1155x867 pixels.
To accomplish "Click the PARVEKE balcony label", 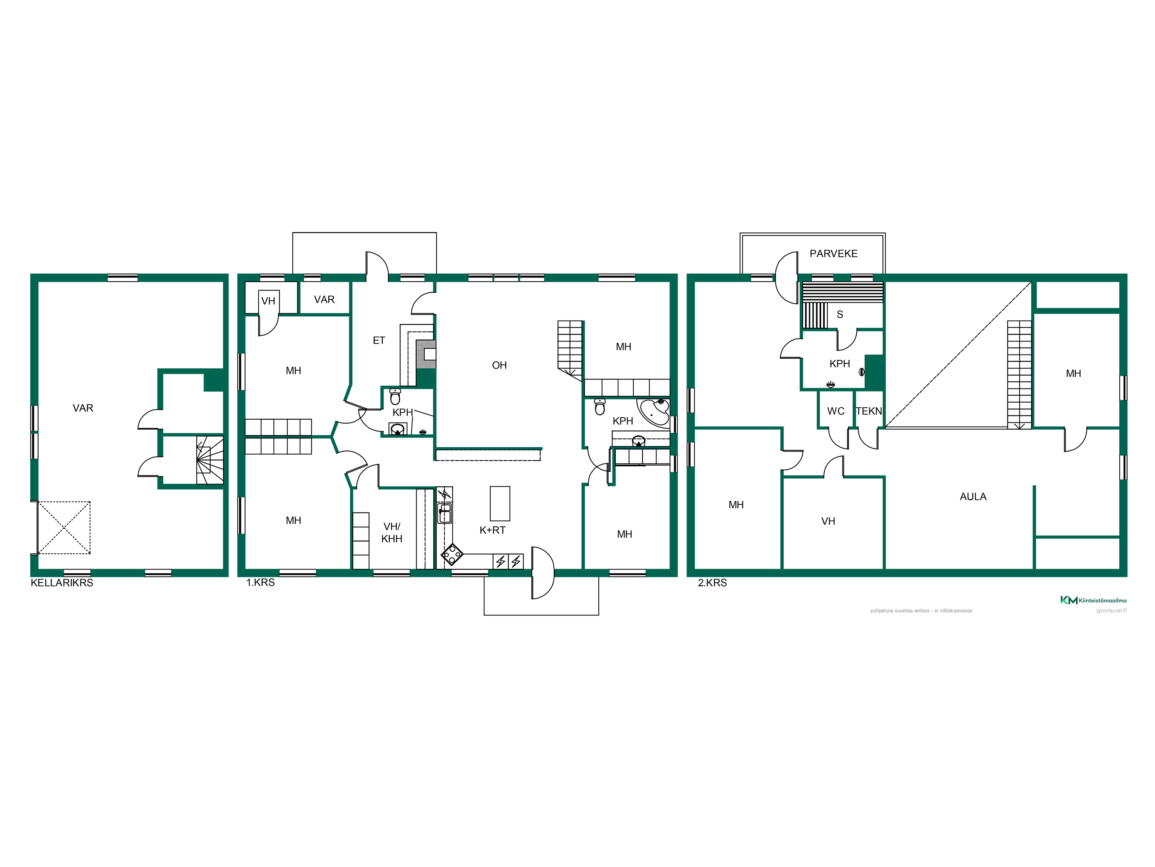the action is tap(834, 254).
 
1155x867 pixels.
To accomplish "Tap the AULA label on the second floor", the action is tap(973, 496).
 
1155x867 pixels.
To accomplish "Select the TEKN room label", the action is tap(869, 411).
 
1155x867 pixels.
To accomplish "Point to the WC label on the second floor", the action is tap(835, 411).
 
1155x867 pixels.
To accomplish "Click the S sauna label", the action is tap(840, 314).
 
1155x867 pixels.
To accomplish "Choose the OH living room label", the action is tap(499, 365).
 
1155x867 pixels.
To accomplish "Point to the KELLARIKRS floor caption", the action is tap(62, 583).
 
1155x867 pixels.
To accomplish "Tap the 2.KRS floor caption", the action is tap(712, 583).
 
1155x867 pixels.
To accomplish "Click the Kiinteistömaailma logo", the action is tap(1093, 600).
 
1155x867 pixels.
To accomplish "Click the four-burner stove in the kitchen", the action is tap(452, 554).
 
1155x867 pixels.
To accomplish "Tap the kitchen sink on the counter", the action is tap(444, 513).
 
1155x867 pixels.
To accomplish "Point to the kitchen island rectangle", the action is tap(500, 503).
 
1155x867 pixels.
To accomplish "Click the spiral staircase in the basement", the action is tap(209, 460).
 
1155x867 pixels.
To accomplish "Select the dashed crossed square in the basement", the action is tap(64, 528).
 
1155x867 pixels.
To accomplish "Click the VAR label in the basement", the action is tap(83, 408).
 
